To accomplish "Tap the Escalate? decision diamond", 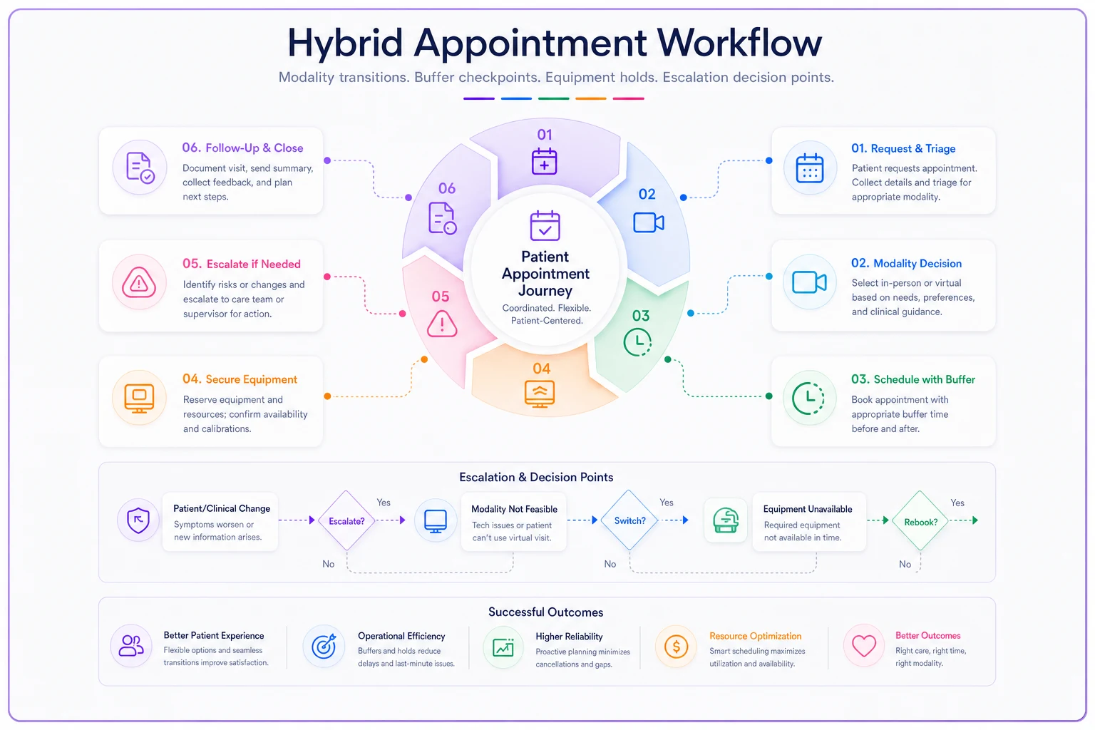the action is point(346,520).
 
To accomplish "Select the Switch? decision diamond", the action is point(629,520).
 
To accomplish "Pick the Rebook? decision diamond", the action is point(920,521).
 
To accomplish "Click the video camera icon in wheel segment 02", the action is point(648,222).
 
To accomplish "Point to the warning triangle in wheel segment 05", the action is point(442,324).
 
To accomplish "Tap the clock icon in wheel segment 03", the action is point(637,341).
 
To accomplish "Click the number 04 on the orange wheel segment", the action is point(541,369).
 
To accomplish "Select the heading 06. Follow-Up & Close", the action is point(242,148).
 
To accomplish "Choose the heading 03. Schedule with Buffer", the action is point(912,379).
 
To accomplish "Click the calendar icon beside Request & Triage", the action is point(810,168).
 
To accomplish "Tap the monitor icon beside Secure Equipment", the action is point(139,398).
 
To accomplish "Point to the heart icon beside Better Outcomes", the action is point(864,646).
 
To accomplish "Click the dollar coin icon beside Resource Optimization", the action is point(676,647).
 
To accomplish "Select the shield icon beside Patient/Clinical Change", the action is point(138,520).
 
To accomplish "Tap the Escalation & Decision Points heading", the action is point(536,477).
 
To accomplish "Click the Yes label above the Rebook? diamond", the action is point(957,503).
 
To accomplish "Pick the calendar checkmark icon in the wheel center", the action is point(545,225).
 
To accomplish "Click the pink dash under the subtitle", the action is point(628,98).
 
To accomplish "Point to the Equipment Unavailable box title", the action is point(808,509).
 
